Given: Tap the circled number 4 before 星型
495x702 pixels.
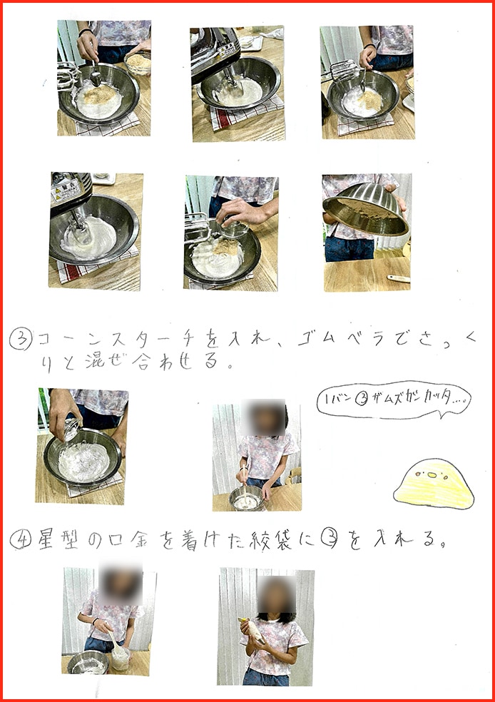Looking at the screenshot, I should tap(19, 541).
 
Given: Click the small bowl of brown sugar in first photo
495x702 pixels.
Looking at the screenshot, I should tap(138, 63).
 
